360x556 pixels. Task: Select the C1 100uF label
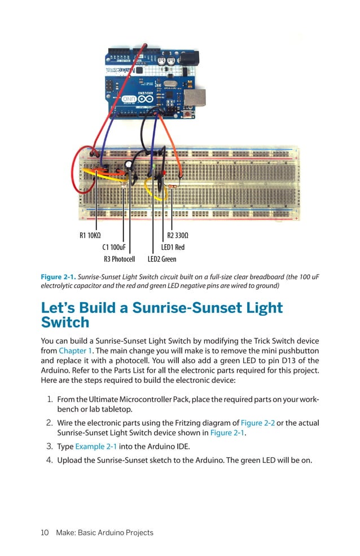pos(113,247)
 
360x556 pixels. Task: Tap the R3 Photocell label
pos(119,259)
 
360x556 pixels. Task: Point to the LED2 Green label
pos(162,259)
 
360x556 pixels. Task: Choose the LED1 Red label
pos(173,247)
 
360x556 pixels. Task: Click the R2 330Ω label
pos(178,235)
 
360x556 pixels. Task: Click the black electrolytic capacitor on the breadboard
pos(129,165)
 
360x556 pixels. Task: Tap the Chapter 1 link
pos(73,351)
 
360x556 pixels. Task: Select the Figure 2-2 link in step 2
pos(257,423)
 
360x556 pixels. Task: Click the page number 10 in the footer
pos(45,532)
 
